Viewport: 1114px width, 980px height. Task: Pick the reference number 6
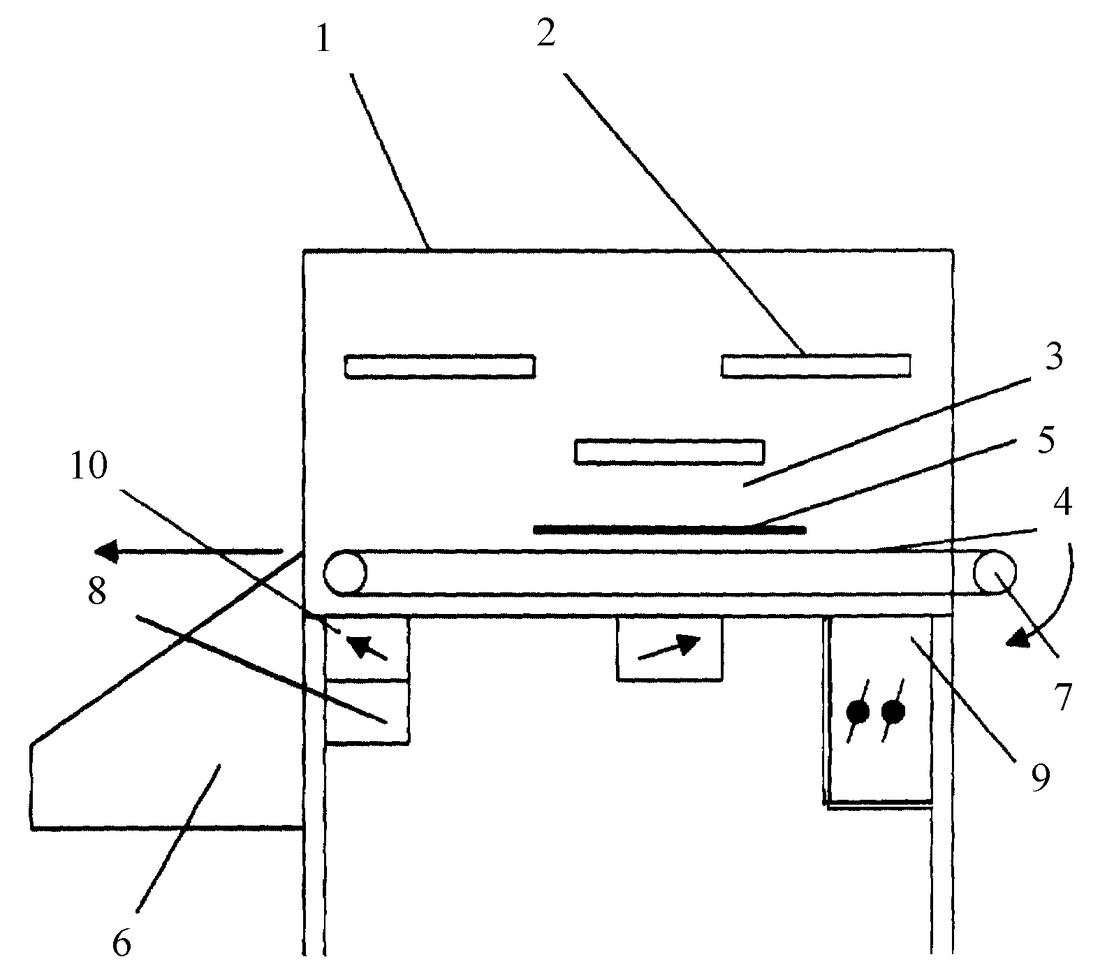click(x=122, y=942)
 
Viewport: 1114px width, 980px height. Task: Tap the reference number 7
click(x=1062, y=696)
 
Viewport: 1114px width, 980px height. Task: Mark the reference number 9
click(x=1041, y=777)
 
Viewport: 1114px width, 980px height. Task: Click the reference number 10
click(x=88, y=466)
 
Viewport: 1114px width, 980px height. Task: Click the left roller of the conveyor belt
click(x=344, y=573)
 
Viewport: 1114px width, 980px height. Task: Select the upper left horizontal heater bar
click(x=440, y=367)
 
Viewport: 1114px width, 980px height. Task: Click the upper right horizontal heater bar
click(x=816, y=365)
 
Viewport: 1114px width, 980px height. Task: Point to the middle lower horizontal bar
click(x=669, y=451)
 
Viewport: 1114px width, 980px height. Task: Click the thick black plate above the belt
click(x=669, y=529)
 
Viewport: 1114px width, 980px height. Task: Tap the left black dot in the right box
click(x=858, y=712)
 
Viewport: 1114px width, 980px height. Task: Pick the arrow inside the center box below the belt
click(x=669, y=647)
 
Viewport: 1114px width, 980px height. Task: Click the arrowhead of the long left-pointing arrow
click(x=106, y=552)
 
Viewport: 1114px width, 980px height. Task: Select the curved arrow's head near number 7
click(x=1019, y=638)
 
